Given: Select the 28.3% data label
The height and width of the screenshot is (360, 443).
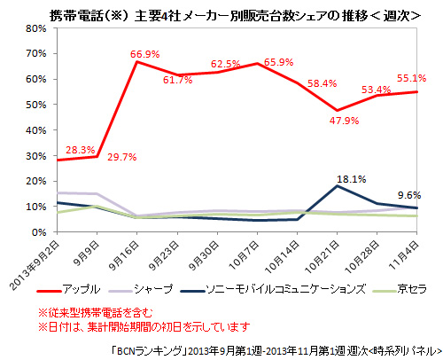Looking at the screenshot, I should click(x=81, y=150).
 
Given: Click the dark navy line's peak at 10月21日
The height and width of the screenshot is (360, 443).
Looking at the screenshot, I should click(x=338, y=185).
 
